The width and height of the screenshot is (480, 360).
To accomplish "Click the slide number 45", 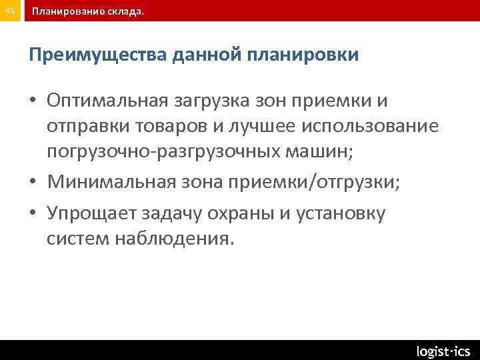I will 11,11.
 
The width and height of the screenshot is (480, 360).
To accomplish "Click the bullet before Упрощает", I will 34,213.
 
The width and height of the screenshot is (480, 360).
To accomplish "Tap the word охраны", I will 237,213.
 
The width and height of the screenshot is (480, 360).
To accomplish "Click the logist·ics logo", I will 443,351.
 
